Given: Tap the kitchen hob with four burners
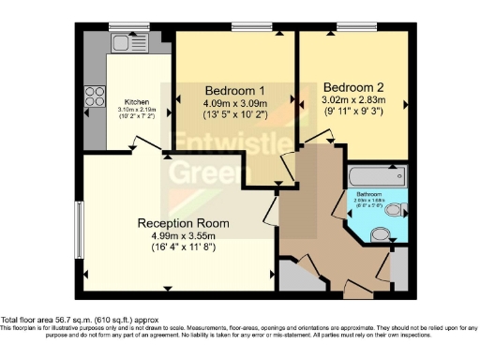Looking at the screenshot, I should [97, 95].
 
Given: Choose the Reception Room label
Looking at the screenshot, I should [183, 223].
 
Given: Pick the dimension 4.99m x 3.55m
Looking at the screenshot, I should [183, 237].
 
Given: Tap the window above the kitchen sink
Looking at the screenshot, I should [122, 25].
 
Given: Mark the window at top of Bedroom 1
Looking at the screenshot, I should [246, 25].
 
